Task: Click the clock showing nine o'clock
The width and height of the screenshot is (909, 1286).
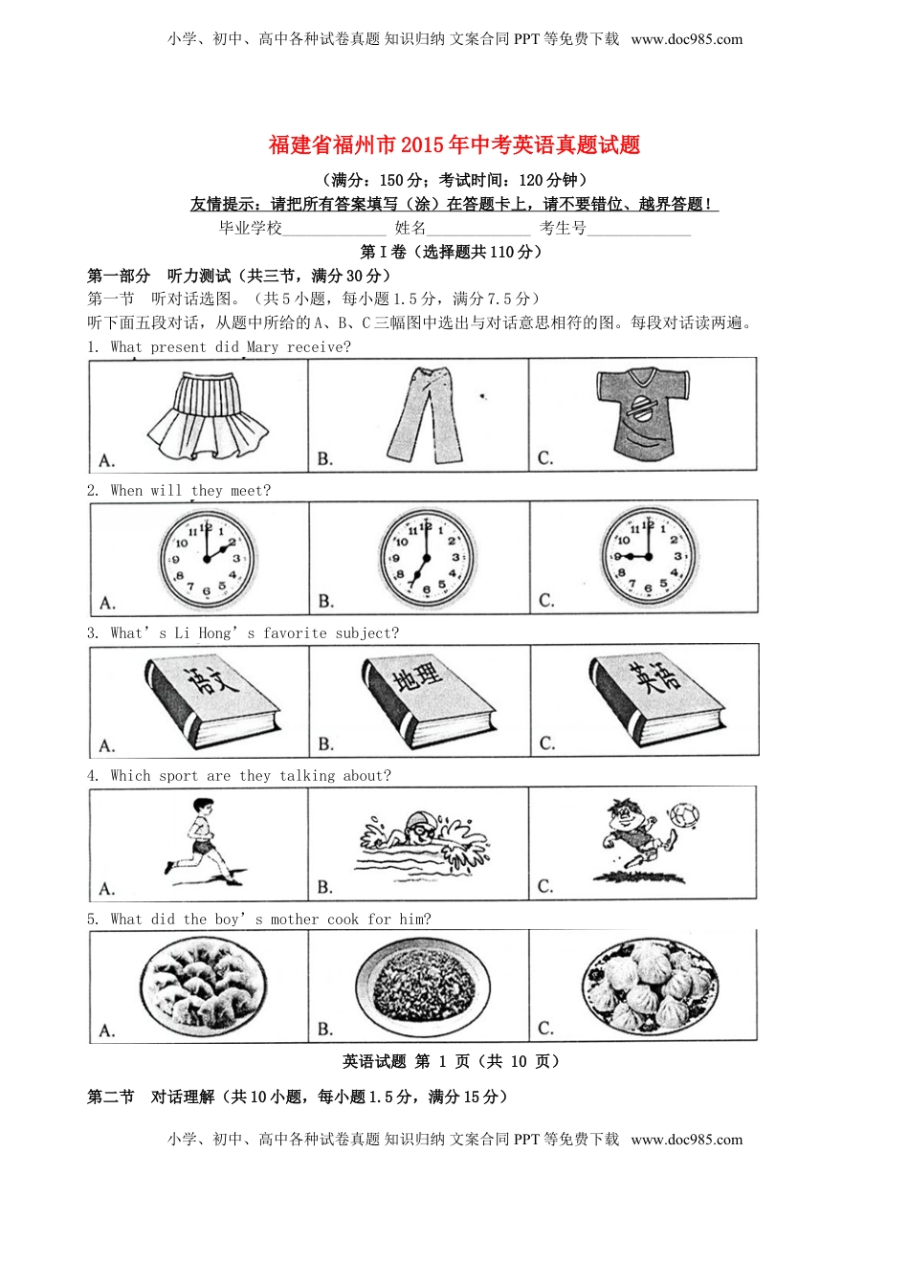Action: click(648, 556)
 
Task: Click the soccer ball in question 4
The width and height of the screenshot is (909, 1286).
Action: click(684, 816)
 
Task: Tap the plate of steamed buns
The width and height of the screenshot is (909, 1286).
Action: click(649, 985)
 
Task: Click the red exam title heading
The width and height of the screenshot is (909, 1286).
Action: click(454, 145)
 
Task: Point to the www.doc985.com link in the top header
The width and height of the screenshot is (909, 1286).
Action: click(687, 39)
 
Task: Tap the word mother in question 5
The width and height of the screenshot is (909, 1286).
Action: click(295, 920)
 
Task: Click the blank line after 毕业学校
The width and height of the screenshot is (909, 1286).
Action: click(334, 230)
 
